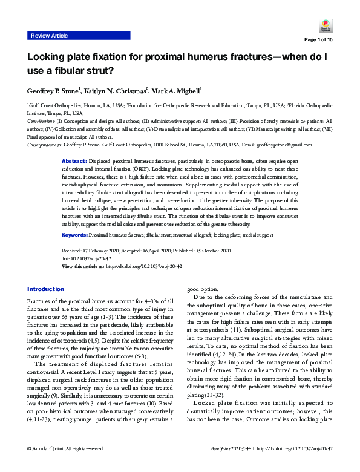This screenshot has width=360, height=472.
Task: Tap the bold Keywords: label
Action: [77, 234]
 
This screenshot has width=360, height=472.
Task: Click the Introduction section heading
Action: [45, 289]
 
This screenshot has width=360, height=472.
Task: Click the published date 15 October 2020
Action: [228, 249]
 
